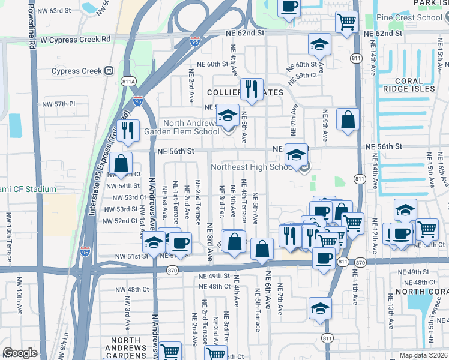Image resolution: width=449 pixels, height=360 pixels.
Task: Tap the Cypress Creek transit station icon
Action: [x=109, y=71]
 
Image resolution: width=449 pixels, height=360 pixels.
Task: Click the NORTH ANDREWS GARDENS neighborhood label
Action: [x=125, y=348]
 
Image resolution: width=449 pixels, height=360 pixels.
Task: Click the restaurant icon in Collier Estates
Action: [x=252, y=90]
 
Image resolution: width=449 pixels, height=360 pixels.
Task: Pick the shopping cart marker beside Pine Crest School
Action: [x=346, y=22]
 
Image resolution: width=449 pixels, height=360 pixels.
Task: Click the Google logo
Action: [x=19, y=352]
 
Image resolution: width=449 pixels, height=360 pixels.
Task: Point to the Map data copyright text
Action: [x=423, y=355]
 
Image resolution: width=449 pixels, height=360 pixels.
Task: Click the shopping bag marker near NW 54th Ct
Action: [x=121, y=162]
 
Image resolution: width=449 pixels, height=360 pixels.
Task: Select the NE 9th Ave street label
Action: [x=325, y=125]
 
